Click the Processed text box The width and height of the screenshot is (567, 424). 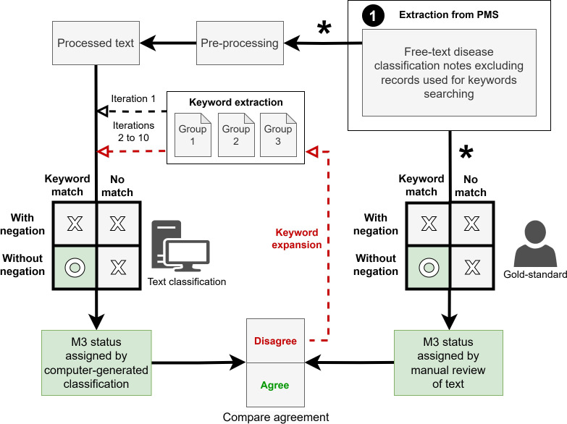(x=96, y=43)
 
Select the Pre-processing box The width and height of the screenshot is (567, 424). (x=239, y=43)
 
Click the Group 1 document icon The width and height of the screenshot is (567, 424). (x=193, y=135)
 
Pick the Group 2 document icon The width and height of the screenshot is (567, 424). (x=235, y=135)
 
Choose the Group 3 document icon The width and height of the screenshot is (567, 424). (x=278, y=135)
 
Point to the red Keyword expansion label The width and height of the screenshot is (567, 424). (x=297, y=239)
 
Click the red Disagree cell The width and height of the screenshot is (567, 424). (x=275, y=341)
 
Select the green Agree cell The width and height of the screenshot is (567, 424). (x=275, y=385)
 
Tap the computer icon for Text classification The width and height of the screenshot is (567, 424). (x=180, y=249)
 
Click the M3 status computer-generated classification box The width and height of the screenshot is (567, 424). (x=96, y=363)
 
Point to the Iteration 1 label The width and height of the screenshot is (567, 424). (x=133, y=98)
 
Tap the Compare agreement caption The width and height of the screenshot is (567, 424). (x=275, y=417)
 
